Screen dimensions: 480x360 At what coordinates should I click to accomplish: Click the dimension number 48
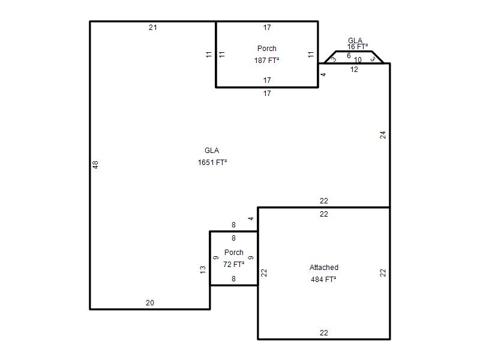coord(95,164)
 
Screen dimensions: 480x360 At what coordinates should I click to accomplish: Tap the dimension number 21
coord(153,28)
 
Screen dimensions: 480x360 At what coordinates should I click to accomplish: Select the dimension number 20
coord(149,303)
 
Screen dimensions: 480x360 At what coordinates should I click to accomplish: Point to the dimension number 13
coord(203,269)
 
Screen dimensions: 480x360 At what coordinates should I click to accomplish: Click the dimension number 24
coord(383,135)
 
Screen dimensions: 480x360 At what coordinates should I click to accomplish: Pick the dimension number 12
coord(354,70)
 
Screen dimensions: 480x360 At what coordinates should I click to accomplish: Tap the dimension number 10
coord(358,59)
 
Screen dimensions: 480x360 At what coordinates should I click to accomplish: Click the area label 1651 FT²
coord(212,162)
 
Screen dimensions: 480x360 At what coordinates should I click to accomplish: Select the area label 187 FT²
coord(266,61)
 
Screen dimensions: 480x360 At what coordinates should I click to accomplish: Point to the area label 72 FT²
coord(233,264)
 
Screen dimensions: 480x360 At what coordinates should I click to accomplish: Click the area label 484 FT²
coord(323,279)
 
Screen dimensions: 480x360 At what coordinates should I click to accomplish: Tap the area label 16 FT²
coord(358,47)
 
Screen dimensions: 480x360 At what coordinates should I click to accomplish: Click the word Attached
coord(324,267)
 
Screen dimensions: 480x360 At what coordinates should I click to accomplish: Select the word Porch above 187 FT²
coord(266,49)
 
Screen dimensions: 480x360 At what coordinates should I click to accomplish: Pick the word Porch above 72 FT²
coord(234,252)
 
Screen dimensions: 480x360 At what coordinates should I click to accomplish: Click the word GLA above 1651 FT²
coord(212,151)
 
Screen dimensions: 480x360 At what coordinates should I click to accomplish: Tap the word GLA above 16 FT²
coord(355,40)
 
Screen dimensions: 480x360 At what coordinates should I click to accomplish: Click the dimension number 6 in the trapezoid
coord(349,56)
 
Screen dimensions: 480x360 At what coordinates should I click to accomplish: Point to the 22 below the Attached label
coord(324,333)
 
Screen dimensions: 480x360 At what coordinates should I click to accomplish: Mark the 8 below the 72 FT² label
coord(233,279)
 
